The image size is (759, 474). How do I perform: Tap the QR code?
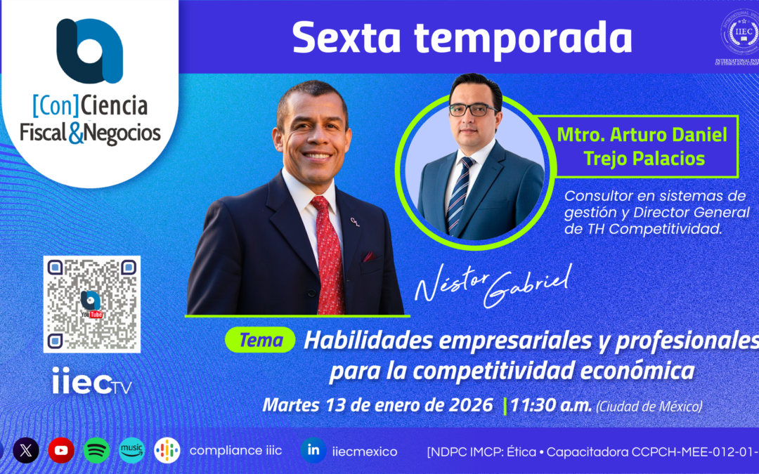pos(92,303)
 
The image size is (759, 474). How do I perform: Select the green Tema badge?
pos(260,341)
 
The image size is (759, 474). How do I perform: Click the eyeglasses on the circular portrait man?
pos(472,110)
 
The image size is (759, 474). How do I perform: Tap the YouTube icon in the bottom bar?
pos(61,450)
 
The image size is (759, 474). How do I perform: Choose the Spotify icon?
pos(96,450)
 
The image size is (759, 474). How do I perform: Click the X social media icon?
pos(26,450)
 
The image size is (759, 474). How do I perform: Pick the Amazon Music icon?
pos(131,450)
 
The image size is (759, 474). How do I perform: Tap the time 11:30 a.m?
pos(550,405)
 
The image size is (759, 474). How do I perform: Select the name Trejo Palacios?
pos(644,159)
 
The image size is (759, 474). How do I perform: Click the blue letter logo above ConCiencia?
pos(89,51)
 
